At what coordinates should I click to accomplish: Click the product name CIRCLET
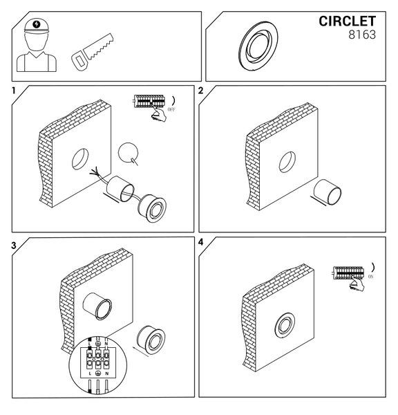(347, 21)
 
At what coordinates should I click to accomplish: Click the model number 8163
(362, 35)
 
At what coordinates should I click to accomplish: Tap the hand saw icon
(93, 52)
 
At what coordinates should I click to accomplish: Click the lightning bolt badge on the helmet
(37, 25)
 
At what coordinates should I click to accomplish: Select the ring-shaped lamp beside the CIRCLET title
(258, 46)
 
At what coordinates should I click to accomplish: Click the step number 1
(14, 91)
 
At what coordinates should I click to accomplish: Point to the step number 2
(200, 91)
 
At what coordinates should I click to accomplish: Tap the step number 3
(14, 246)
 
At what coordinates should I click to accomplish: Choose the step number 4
(201, 242)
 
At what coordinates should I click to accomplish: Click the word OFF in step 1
(171, 109)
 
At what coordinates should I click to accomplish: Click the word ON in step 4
(370, 277)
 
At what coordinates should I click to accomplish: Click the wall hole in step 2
(287, 162)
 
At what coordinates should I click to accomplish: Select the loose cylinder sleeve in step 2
(327, 192)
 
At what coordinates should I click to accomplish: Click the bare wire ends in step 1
(94, 172)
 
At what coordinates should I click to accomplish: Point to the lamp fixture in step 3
(151, 340)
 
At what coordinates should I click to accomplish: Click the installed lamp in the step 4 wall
(285, 326)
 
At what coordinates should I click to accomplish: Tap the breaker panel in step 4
(348, 273)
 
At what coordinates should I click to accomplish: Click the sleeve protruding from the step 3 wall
(97, 306)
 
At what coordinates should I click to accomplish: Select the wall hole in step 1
(80, 159)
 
